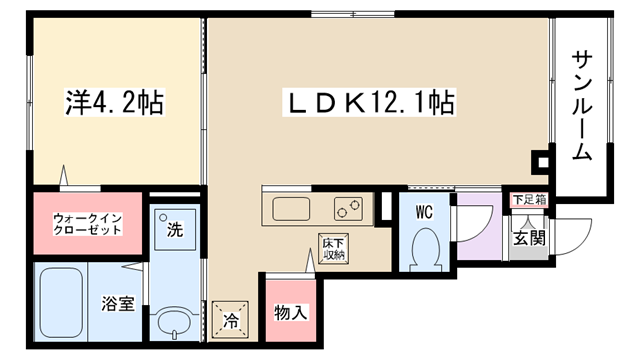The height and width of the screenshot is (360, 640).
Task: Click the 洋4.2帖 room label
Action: coord(114,102)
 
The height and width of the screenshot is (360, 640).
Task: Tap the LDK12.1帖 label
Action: coord(369,102)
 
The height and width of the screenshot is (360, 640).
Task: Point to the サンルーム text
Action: coord(581,105)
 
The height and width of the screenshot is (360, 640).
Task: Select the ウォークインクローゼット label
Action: coord(87,224)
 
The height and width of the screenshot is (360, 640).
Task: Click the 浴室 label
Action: coord(118,303)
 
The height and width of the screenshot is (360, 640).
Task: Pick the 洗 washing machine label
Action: coord(175,229)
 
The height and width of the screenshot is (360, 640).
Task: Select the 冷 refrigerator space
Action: coord(230,320)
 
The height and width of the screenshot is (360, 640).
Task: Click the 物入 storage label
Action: coord(291,313)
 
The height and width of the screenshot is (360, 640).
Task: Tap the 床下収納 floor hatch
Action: coord(333,249)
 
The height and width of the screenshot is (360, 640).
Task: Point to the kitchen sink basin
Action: coord(291,209)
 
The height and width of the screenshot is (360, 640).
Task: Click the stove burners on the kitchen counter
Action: coord(349,209)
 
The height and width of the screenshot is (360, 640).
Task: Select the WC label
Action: coord(424,212)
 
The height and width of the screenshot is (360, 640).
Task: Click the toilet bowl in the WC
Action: coord(426,249)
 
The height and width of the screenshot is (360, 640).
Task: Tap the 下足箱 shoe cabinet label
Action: coord(529,200)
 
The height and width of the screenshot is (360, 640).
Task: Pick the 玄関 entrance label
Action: coord(529,237)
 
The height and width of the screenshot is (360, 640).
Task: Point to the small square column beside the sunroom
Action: coord(542,162)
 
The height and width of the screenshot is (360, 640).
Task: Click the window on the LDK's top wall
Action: coord(353,14)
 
